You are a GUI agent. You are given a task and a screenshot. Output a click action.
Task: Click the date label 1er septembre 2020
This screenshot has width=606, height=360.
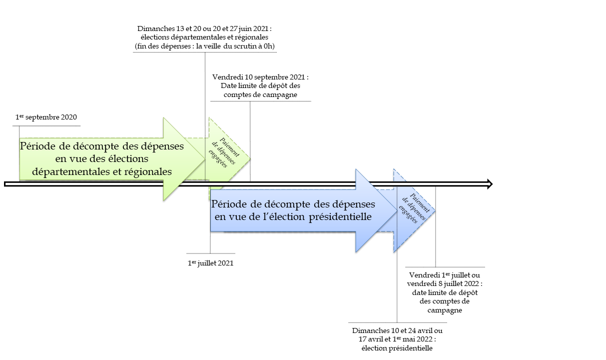point(46,117)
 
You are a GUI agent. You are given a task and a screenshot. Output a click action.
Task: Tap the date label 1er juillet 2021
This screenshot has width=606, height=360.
point(210,263)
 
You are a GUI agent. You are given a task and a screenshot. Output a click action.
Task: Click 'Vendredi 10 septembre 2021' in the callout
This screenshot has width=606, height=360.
point(260,77)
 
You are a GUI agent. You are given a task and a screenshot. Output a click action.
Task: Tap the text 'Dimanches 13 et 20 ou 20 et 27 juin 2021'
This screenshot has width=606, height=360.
point(205,28)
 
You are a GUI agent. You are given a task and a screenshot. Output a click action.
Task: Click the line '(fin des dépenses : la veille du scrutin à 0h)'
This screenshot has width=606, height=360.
point(205,46)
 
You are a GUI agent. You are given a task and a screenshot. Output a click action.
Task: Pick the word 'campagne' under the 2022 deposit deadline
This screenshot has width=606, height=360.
point(445,310)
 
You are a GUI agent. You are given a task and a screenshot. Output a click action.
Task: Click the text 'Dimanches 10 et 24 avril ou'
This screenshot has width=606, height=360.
point(397,331)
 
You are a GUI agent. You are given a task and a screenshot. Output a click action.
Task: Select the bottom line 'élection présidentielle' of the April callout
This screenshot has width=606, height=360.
point(397,348)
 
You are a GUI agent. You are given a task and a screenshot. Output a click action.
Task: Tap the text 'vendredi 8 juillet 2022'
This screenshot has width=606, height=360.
point(445,283)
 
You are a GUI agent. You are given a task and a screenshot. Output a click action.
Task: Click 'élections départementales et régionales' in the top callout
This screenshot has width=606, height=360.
point(205,37)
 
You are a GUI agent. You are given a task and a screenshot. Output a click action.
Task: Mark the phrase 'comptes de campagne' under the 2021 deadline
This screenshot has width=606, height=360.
point(260,94)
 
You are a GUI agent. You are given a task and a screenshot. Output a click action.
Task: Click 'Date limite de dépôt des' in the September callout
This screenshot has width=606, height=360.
point(260,86)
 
